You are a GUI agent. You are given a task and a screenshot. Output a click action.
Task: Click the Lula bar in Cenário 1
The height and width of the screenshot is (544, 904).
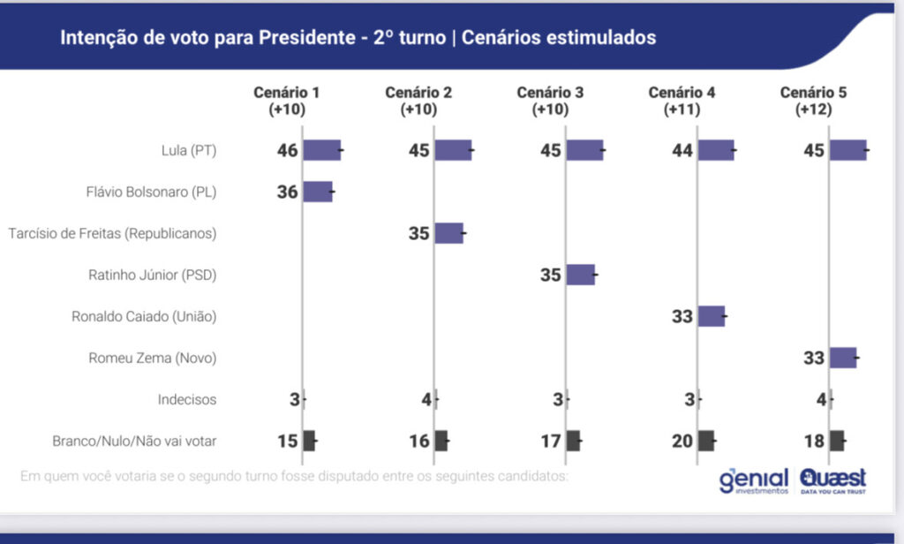click(322, 150)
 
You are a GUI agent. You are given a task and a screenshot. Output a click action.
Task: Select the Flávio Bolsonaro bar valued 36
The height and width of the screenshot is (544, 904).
click(318, 192)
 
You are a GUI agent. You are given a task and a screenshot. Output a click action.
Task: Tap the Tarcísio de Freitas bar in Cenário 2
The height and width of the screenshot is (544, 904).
click(448, 233)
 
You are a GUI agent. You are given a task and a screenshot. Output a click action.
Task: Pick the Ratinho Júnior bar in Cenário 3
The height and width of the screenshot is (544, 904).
click(580, 275)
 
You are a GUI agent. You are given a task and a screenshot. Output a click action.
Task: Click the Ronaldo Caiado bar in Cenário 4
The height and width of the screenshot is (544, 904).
click(712, 316)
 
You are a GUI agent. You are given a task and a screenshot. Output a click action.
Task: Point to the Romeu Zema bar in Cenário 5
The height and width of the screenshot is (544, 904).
click(843, 358)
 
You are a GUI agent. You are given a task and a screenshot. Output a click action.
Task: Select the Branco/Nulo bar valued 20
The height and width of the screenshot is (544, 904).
click(706, 441)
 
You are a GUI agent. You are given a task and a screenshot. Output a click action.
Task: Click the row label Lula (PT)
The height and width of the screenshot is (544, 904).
click(190, 151)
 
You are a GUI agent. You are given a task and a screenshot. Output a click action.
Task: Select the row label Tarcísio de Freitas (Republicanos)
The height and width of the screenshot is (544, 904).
click(112, 233)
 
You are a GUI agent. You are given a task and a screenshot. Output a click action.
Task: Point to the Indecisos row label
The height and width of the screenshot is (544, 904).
click(187, 399)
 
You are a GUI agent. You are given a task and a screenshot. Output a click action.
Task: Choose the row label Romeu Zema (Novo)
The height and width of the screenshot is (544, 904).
click(152, 358)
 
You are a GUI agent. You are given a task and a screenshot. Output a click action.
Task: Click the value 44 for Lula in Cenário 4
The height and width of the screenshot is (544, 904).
click(682, 151)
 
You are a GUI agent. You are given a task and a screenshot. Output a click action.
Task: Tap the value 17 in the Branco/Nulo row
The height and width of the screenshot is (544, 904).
click(551, 441)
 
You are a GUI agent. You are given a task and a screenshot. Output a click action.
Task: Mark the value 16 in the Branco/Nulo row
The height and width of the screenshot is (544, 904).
click(419, 441)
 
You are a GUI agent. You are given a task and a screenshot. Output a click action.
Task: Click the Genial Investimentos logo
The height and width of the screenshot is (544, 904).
click(753, 480)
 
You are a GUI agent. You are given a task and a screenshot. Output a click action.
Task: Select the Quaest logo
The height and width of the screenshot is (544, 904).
click(832, 480)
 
